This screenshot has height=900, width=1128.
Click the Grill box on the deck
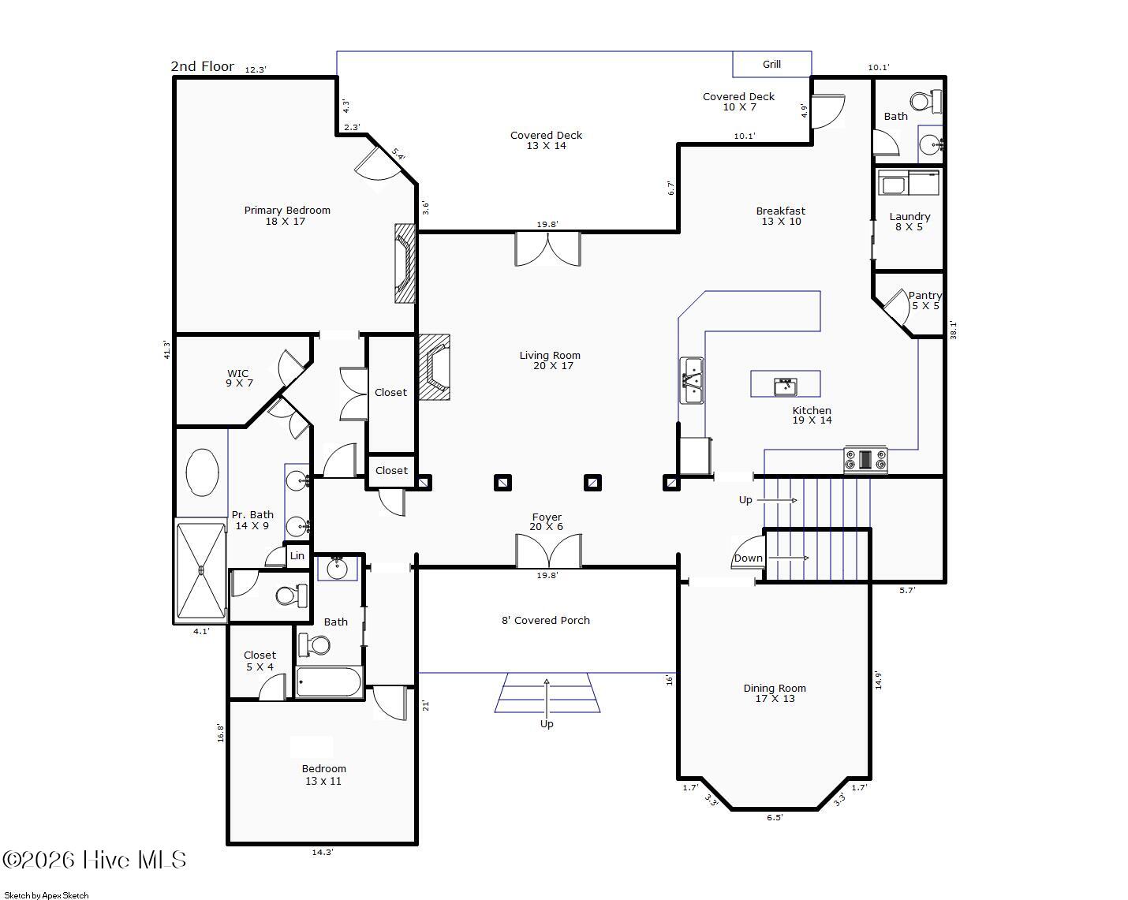pyautogui.click(x=771, y=64)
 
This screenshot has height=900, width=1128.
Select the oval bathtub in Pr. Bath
pyautogui.click(x=202, y=472)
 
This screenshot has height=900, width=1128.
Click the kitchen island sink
pyautogui.click(x=785, y=387)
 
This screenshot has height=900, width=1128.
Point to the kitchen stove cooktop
pyautogui.click(x=865, y=460)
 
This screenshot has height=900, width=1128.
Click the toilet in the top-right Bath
pyautogui.click(x=926, y=101)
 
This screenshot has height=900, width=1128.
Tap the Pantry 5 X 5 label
pyautogui.click(x=925, y=301)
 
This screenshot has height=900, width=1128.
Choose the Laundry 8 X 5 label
pyautogui.click(x=909, y=221)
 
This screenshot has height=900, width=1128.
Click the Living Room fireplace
pyautogui.click(x=434, y=367)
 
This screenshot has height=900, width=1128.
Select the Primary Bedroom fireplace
pyautogui.click(x=405, y=263)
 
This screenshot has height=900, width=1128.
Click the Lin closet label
pyautogui.click(x=297, y=555)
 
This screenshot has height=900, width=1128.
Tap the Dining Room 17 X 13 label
pyautogui.click(x=775, y=693)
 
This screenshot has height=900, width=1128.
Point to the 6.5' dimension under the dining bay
pyautogui.click(x=774, y=817)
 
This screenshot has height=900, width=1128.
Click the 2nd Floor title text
pyautogui.click(x=202, y=66)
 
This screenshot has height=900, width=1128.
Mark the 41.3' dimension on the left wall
pyautogui.click(x=166, y=349)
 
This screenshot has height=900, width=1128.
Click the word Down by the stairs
pyautogui.click(x=748, y=558)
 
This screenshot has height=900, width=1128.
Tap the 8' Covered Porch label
pyautogui.click(x=546, y=620)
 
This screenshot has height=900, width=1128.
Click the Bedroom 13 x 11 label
pyautogui.click(x=323, y=775)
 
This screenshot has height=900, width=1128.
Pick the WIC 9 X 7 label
pyautogui.click(x=239, y=378)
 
